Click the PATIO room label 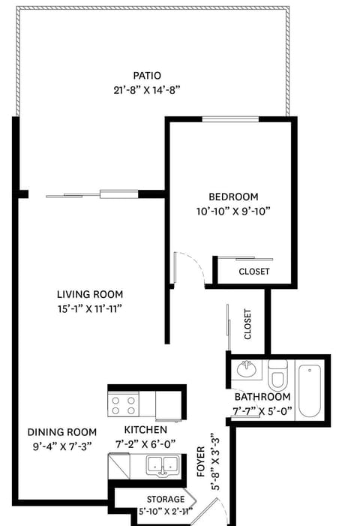(x=148, y=75)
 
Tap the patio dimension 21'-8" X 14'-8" (x=148, y=89)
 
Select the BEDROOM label (x=232, y=197)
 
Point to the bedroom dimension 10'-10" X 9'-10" (x=232, y=211)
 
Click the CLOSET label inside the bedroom (x=254, y=272)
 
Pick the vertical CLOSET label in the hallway (x=248, y=325)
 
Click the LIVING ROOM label (x=90, y=294)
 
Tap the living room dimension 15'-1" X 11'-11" (x=90, y=308)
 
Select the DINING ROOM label (x=62, y=431)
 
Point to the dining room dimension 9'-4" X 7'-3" (x=62, y=446)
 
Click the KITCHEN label (x=146, y=430)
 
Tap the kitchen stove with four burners (x=124, y=405)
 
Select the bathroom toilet (x=278, y=373)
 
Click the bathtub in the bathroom (x=309, y=390)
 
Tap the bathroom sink (x=245, y=369)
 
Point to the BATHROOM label (x=262, y=396)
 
